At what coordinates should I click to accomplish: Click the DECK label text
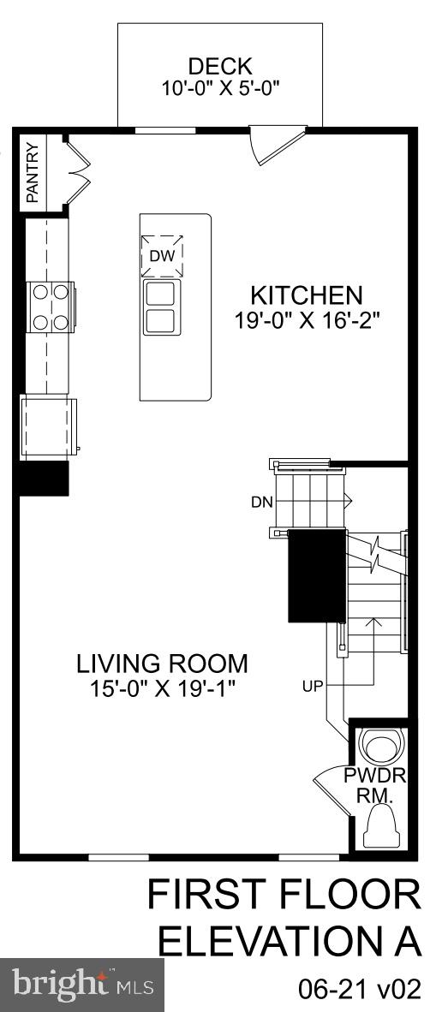(220, 66)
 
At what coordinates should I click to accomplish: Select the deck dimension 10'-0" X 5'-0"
(220, 88)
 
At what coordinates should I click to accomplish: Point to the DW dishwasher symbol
(162, 255)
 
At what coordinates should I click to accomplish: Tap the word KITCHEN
(306, 295)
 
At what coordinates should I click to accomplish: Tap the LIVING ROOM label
(162, 664)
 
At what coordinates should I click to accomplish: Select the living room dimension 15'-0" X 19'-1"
(162, 688)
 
